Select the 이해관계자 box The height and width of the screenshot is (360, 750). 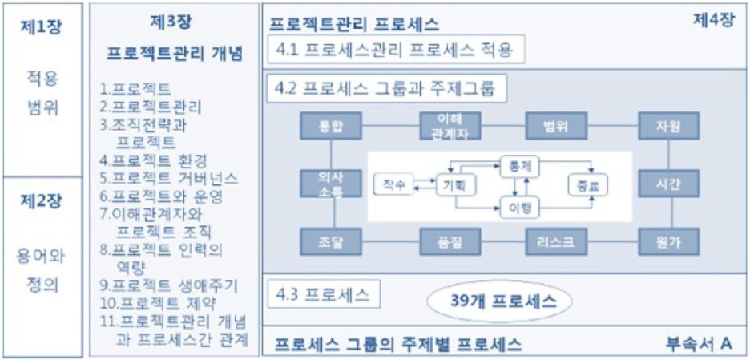tap(443, 126)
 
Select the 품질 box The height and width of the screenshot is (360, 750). tap(443, 241)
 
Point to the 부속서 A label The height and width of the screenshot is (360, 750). tap(699, 343)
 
